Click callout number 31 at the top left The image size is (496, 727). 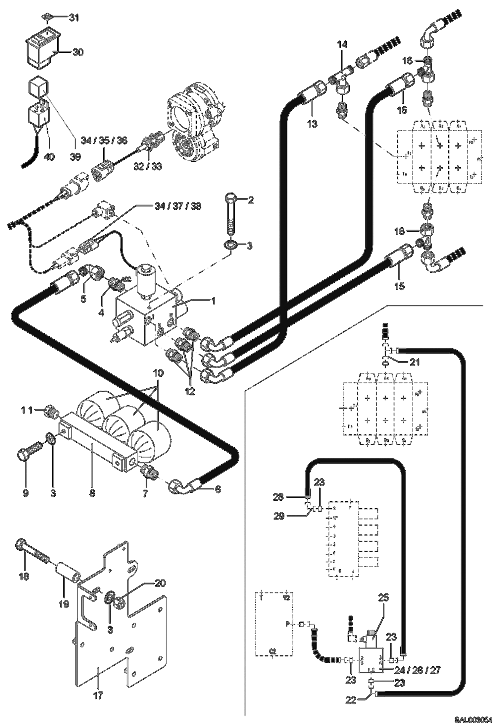(74, 18)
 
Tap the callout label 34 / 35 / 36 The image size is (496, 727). (104, 140)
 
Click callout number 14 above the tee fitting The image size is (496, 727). (342, 44)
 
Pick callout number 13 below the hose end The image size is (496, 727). (312, 124)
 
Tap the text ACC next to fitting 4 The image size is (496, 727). (127, 279)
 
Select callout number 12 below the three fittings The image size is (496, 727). (190, 391)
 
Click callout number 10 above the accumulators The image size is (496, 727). (158, 373)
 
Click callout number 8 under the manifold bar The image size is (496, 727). (92, 493)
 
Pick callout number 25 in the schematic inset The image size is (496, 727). (384, 598)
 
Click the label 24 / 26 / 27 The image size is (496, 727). (418, 670)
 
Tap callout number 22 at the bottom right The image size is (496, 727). (351, 700)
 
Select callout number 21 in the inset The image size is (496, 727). (415, 362)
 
